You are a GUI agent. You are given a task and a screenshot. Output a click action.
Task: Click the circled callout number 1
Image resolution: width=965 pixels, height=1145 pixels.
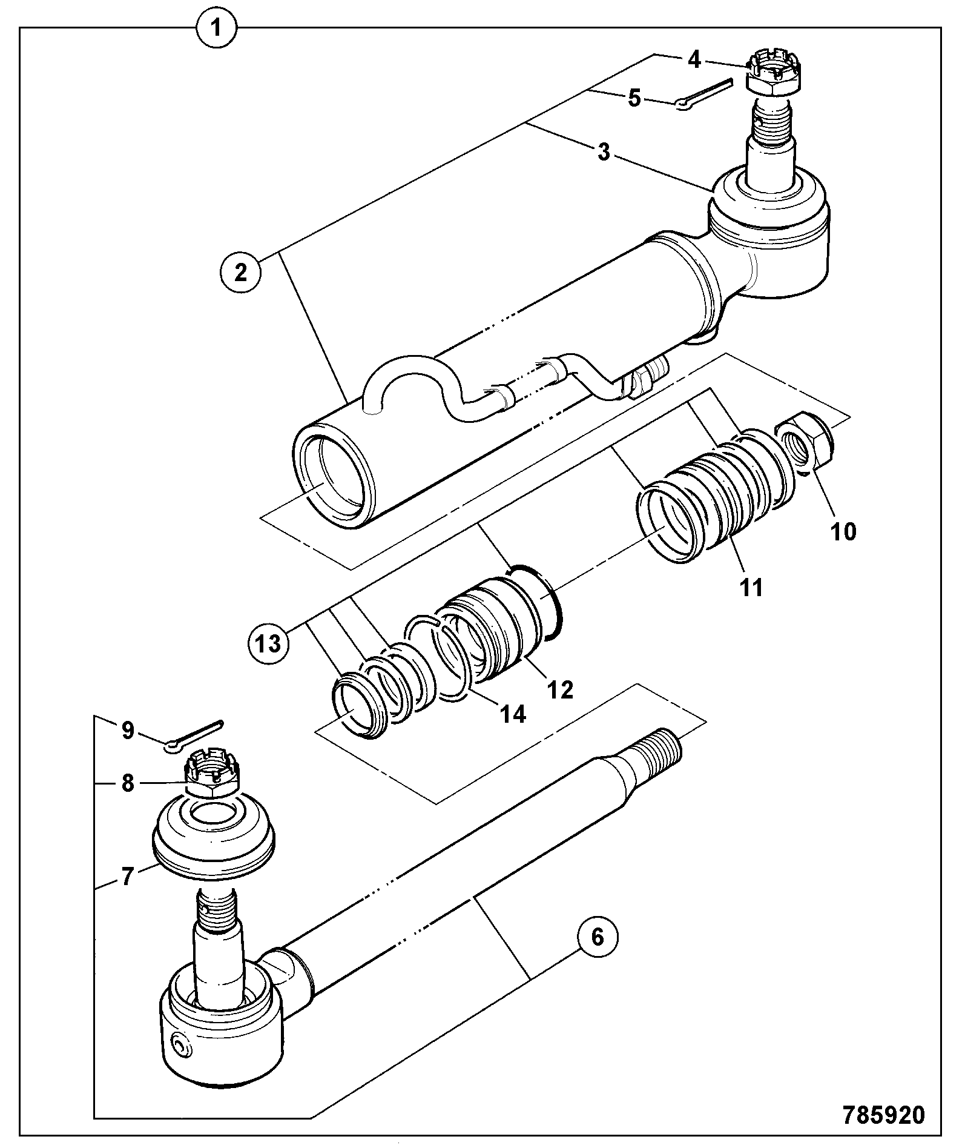click(x=217, y=28)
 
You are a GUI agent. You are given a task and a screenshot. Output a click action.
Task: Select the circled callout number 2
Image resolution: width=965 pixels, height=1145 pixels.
click(x=241, y=273)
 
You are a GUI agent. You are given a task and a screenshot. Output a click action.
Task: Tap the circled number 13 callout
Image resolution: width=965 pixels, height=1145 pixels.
click(x=268, y=643)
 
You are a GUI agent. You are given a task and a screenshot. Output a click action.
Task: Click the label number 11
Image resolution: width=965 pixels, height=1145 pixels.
click(x=751, y=586)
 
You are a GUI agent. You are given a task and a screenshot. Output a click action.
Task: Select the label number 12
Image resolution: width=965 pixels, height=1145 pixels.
click(x=559, y=689)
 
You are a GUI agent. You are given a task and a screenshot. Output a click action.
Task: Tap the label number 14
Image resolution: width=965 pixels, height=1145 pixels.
click(x=512, y=714)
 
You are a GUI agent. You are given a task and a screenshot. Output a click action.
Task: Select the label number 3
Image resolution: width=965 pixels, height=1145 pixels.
click(x=604, y=152)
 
